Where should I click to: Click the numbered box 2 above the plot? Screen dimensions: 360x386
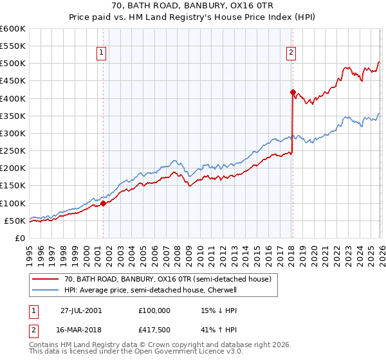coord(291,53)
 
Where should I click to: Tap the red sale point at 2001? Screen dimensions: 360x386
coord(104,203)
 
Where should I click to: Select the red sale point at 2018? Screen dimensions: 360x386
coord(292,92)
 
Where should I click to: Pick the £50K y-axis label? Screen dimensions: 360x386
coord(15,221)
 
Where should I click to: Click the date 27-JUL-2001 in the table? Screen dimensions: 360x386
coord(81,310)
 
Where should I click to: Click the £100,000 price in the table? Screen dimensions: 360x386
coord(154,310)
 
